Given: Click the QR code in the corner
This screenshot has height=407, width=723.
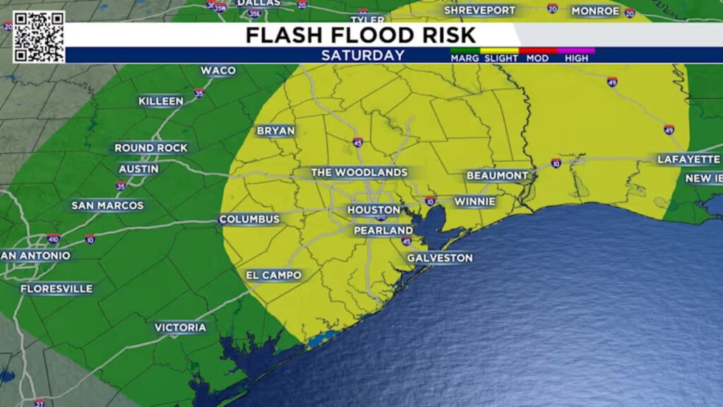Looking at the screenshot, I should click(x=38, y=37).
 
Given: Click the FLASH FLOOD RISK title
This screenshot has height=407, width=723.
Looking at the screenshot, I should click(x=361, y=35).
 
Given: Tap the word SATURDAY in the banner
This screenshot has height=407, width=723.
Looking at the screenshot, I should click(x=363, y=55).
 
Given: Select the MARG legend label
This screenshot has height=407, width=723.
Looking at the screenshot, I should click(x=465, y=58).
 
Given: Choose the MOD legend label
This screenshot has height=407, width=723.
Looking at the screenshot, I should click(x=537, y=58).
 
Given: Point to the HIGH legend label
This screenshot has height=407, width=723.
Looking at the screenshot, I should click(x=576, y=58).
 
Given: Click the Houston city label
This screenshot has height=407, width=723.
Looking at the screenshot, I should click(x=374, y=210).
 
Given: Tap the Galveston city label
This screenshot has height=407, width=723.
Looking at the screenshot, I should click(x=440, y=258).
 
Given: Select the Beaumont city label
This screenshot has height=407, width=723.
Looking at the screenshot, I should click(x=497, y=175).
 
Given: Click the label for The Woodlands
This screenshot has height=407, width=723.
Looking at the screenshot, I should click(x=359, y=172).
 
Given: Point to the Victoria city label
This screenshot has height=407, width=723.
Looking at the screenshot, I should click(x=181, y=328).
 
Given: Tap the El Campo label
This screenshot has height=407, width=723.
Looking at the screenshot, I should click(x=273, y=275).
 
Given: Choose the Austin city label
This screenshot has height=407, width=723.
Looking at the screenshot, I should click(x=138, y=169).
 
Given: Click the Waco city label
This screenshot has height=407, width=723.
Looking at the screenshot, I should click(x=217, y=71).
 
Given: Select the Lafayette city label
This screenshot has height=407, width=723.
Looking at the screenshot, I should click(x=688, y=160).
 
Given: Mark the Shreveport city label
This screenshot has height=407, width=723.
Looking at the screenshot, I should click(x=479, y=11).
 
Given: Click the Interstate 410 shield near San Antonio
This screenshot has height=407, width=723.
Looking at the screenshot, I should click(x=54, y=238).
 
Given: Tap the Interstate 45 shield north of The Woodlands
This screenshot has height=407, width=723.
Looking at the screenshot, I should click(x=359, y=142).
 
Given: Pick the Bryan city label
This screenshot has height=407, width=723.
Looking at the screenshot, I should click(x=275, y=131).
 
